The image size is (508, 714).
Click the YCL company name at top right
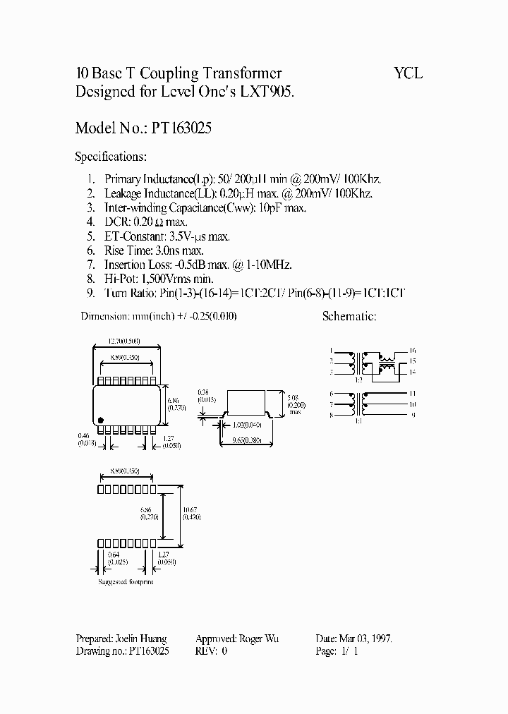click(408, 73)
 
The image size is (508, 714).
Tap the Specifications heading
click(111, 157)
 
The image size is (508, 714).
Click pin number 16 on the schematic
click(413, 350)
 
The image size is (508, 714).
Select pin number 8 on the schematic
click(331, 416)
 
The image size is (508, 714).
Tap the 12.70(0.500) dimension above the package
click(128, 341)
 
